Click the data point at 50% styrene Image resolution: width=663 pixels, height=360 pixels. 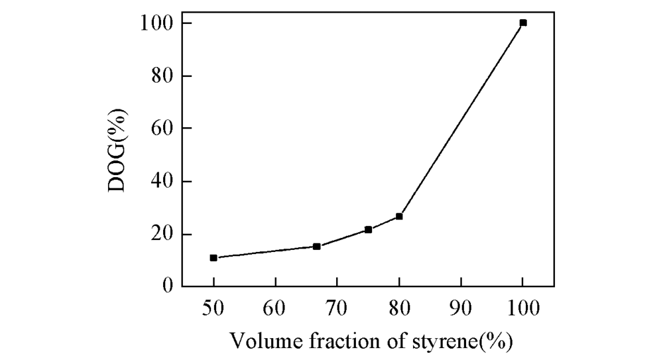[x=213, y=257]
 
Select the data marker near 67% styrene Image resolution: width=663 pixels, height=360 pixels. [x=317, y=246]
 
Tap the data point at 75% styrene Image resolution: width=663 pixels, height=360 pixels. [x=368, y=229]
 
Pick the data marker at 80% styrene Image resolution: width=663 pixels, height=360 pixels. [x=399, y=216]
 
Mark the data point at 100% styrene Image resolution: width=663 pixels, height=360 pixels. [x=523, y=23]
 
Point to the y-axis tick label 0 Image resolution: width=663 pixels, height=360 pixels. [x=169, y=287]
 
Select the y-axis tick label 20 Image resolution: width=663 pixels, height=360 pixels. [x=162, y=235]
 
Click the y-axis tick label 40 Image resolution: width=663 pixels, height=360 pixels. [x=162, y=182]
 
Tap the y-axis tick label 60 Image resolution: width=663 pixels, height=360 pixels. [x=162, y=129]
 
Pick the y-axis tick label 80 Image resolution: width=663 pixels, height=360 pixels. [x=162, y=76]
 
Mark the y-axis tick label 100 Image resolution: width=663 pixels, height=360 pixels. [x=156, y=23]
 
